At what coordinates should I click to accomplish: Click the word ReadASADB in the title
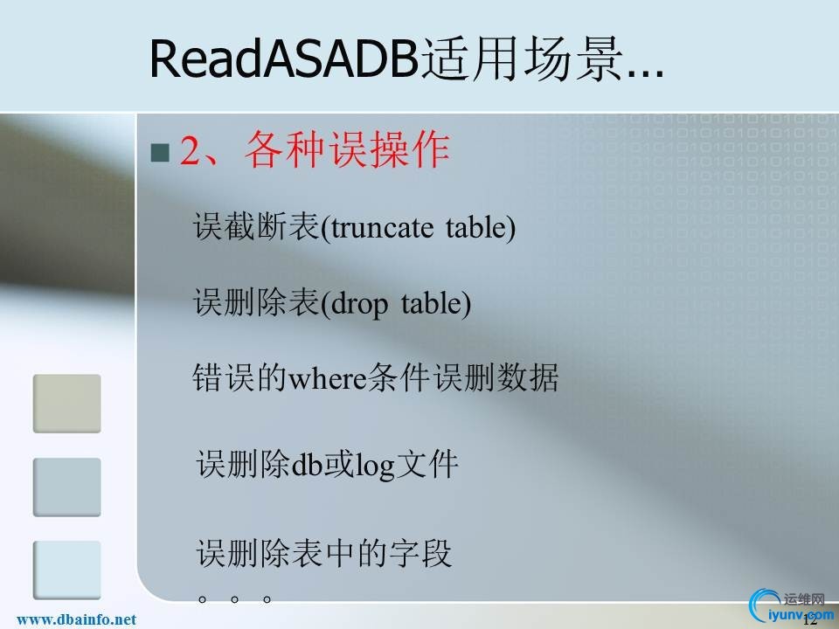coord(284,59)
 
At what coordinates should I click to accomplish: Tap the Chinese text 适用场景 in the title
coord(523,59)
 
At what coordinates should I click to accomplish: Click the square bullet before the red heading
coord(159,153)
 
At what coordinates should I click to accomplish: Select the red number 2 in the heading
coord(191,151)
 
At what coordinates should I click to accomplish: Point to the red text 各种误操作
coord(348,150)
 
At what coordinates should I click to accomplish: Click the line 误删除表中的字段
coord(324,553)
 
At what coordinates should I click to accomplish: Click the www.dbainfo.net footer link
coord(77,619)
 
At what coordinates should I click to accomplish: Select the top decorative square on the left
coord(67,404)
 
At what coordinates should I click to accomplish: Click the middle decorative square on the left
coord(67,487)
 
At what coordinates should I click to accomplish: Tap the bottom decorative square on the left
coord(67,570)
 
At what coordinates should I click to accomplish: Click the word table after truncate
coord(477,228)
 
